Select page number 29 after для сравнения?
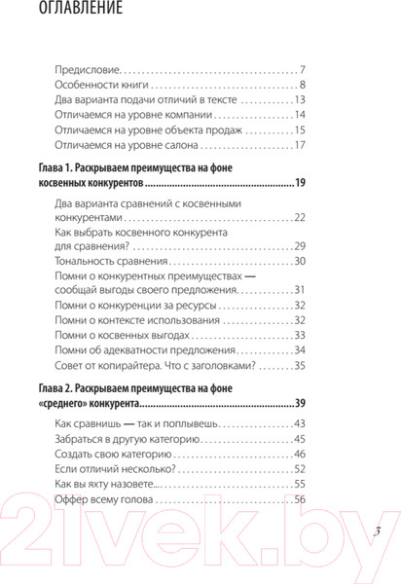coord(300,248)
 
